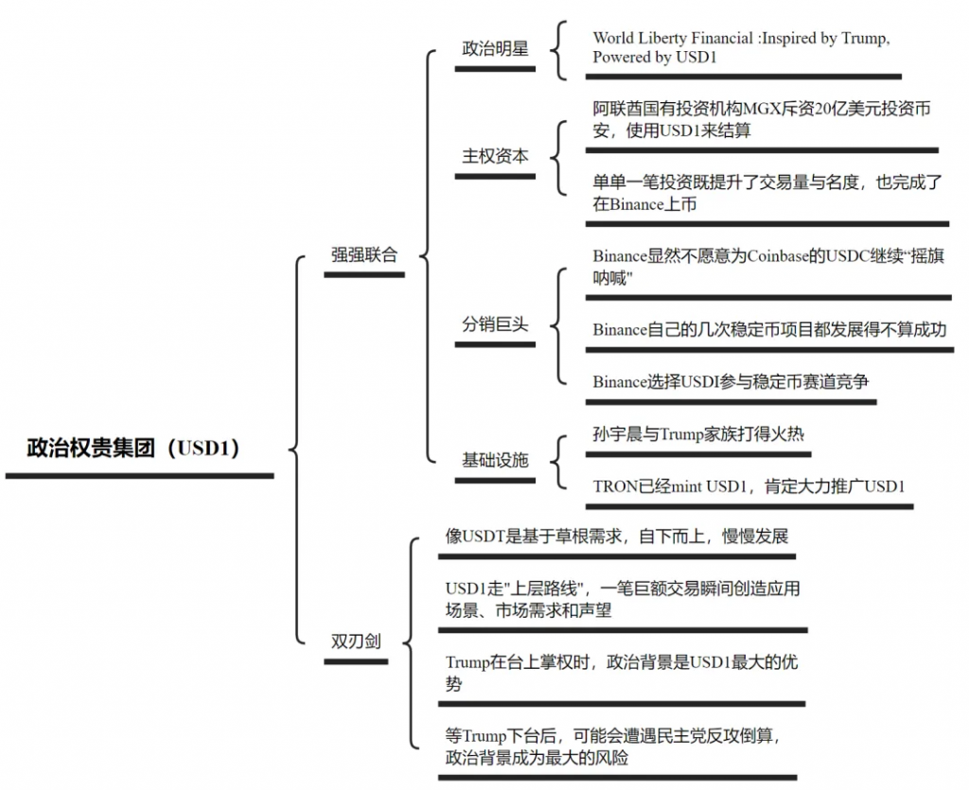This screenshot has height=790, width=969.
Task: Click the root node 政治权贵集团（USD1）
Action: click(133, 448)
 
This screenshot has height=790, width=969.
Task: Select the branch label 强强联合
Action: click(364, 255)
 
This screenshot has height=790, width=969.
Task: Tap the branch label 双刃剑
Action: click(356, 641)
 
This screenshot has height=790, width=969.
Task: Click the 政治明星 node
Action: click(495, 48)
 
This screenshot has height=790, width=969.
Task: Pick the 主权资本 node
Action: click(495, 156)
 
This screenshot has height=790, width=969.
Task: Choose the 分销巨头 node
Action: click(495, 324)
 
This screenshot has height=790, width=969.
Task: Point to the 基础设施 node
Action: click(495, 461)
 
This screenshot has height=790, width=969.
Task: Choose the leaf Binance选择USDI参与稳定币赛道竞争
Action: click(731, 381)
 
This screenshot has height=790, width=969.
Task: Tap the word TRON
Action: click(614, 486)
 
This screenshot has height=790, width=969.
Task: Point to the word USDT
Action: click(484, 536)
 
